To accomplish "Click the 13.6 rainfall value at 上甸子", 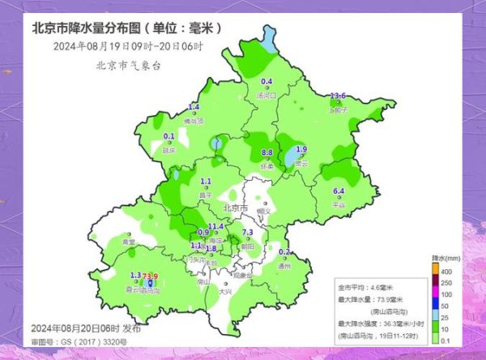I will coord(339,97).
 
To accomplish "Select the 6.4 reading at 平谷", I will coord(339,191).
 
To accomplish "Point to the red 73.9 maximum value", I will coord(150,277).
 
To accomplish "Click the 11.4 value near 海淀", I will coord(215,226).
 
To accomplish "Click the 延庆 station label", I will coord(169,150).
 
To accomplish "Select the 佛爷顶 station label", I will coord(194,121).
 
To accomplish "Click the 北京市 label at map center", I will coord(235,208).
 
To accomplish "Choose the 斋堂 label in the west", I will coord(128,242).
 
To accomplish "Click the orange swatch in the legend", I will coord(434,269).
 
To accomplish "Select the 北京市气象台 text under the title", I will coord(128,66).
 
